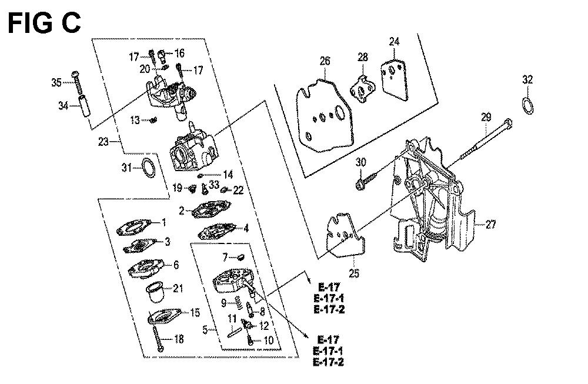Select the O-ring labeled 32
(529, 106)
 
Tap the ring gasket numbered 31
(148, 166)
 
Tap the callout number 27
(492, 223)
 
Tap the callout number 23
(104, 141)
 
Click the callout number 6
(176, 265)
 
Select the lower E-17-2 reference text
(329, 362)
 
